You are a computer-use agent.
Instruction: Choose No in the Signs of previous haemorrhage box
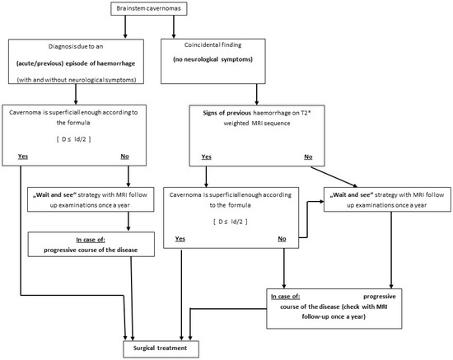(307, 155)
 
